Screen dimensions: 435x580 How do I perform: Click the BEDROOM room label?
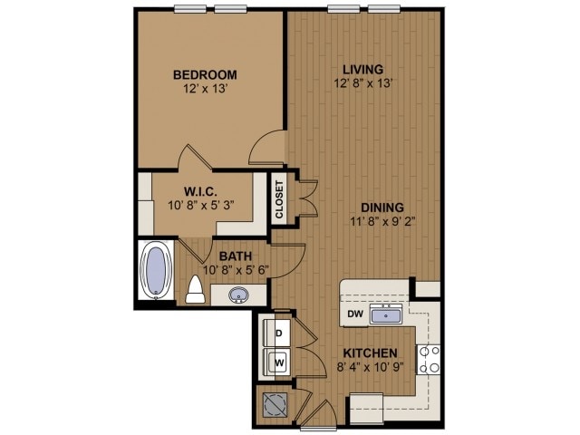click(x=206, y=73)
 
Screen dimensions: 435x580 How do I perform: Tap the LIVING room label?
click(x=362, y=69)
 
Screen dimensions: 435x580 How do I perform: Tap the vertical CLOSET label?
click(x=279, y=198)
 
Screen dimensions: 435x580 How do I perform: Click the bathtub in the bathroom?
click(x=157, y=272)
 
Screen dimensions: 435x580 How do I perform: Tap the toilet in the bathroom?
click(x=194, y=291)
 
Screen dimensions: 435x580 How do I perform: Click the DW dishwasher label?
click(x=354, y=315)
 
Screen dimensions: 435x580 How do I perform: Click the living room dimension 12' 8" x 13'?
click(x=362, y=84)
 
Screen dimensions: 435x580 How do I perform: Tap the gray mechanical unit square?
click(x=274, y=403)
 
